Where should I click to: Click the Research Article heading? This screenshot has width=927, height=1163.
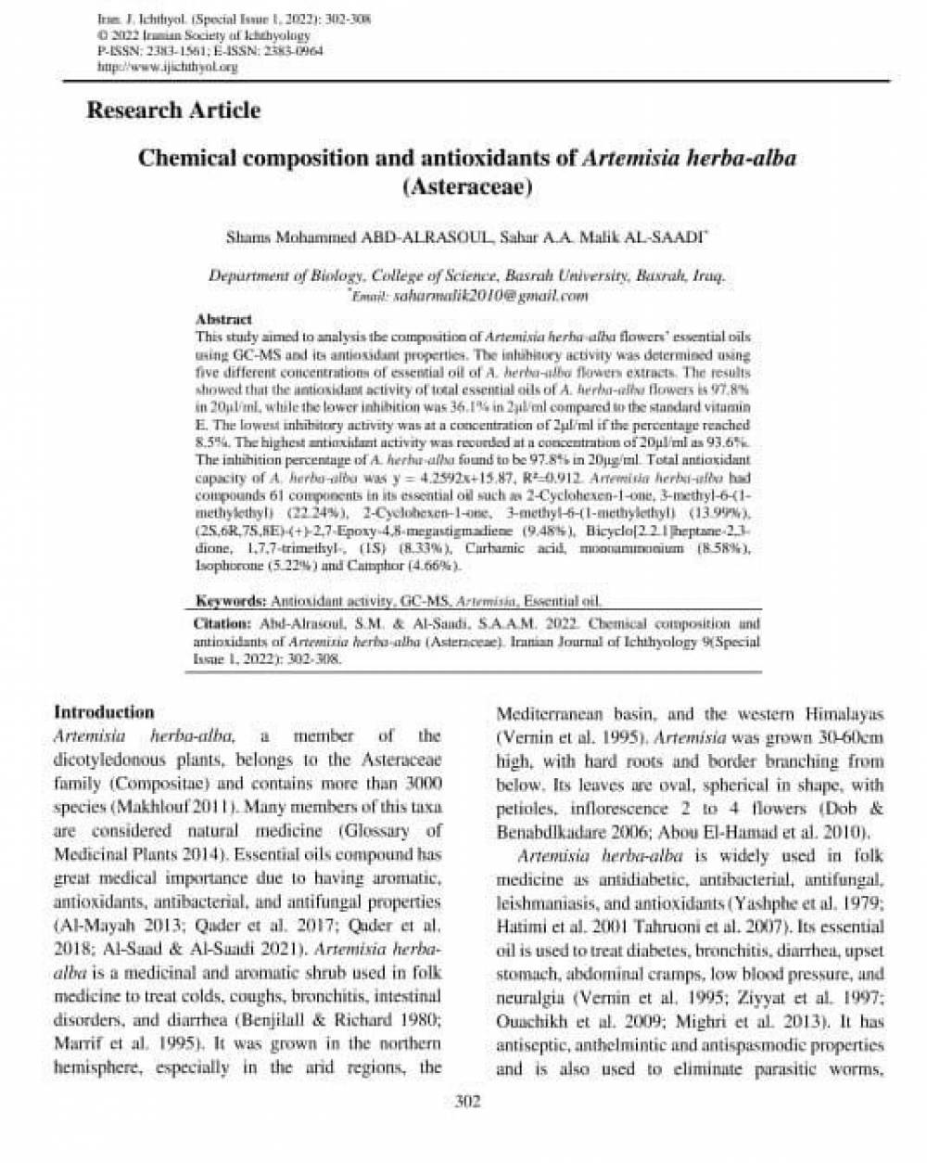(173, 110)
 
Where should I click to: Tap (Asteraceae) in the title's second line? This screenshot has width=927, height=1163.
(466, 185)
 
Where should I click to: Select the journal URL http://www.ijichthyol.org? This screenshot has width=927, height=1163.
(168, 68)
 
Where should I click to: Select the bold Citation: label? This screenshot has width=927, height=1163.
(222, 624)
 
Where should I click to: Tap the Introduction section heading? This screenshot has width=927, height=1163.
(104, 712)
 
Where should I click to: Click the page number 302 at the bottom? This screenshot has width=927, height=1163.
(466, 1128)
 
